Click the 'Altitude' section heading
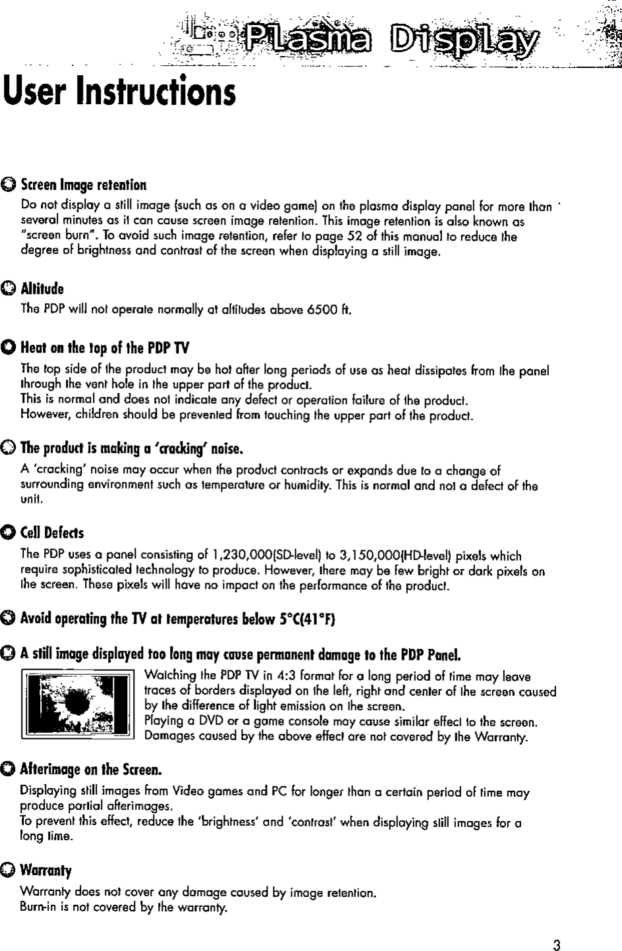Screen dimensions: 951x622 click(42, 288)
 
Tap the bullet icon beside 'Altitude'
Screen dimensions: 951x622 click(9, 289)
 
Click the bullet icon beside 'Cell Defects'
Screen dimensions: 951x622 click(9, 532)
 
